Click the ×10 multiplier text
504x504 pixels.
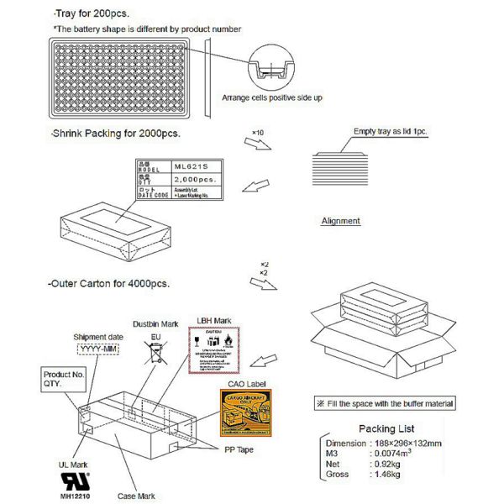click(x=258, y=134)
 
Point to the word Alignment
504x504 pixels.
click(x=341, y=221)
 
